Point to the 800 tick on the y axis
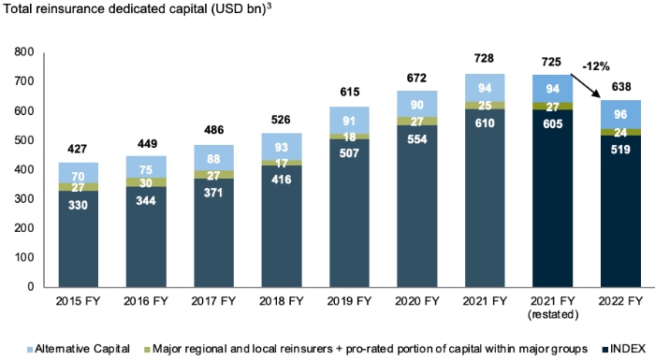pos(21,52)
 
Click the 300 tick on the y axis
pos(21,199)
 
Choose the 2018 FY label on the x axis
pos(283,301)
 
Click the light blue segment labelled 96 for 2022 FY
pos(621,114)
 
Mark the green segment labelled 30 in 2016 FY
pos(147,182)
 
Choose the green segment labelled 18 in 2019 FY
pos(350,137)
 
